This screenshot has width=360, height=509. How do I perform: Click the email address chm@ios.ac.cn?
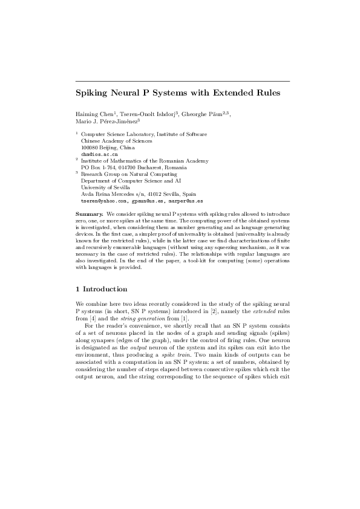point(96,154)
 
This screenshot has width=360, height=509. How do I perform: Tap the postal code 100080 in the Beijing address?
point(90,148)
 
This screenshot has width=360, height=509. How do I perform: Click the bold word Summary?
point(90,215)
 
